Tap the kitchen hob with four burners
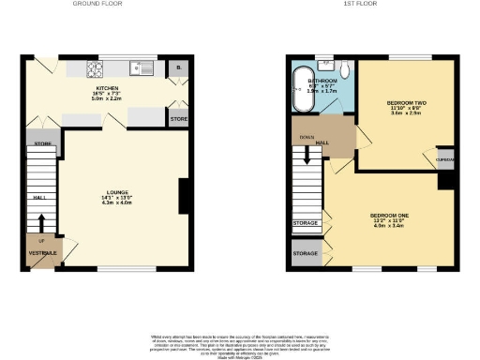point(95,68)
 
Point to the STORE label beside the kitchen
point(179,119)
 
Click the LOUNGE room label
point(117,192)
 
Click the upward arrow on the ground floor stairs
point(42,224)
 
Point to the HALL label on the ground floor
point(39,198)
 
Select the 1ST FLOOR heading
point(360,5)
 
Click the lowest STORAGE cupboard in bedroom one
point(306,254)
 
